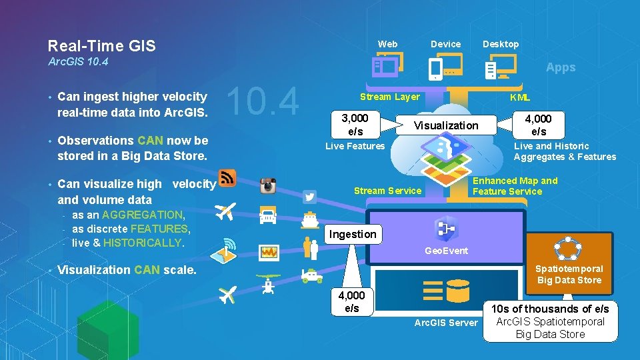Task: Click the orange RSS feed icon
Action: [x=228, y=177]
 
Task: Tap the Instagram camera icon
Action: [x=268, y=186]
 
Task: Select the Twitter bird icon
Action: [x=309, y=197]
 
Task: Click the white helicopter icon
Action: [x=268, y=285]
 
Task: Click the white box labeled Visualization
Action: [x=446, y=125]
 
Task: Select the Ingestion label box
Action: [x=353, y=234]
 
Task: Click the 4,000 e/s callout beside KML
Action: [x=538, y=125]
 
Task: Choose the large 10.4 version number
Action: [x=264, y=102]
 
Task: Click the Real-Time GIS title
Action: [x=101, y=46]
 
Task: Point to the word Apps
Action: [x=561, y=67]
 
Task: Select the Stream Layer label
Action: [x=389, y=97]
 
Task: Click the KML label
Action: [x=520, y=97]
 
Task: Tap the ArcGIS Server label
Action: [x=446, y=323]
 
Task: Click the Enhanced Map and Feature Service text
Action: [x=515, y=186]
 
